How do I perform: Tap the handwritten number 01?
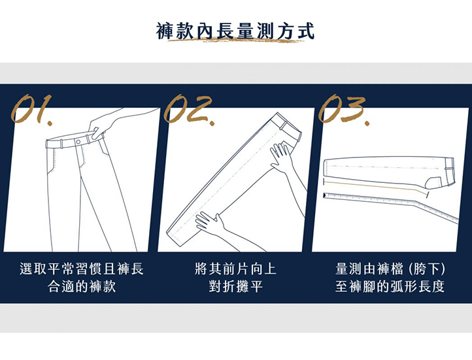pos(31,109)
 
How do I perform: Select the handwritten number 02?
pos(189,109)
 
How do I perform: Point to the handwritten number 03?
pos(344,109)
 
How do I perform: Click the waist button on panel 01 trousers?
pos(78,142)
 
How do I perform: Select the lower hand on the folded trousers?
pos(211,223)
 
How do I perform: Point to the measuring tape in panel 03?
pos(392,204)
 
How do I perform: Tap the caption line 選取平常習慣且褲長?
pos(82,269)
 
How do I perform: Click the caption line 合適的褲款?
pos(82,286)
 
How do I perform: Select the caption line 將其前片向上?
pos(235,269)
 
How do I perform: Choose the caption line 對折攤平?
pos(235,286)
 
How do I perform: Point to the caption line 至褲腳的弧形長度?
pos(390,286)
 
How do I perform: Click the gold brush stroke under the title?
pos(236,40)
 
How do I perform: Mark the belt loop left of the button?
pos(61,144)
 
